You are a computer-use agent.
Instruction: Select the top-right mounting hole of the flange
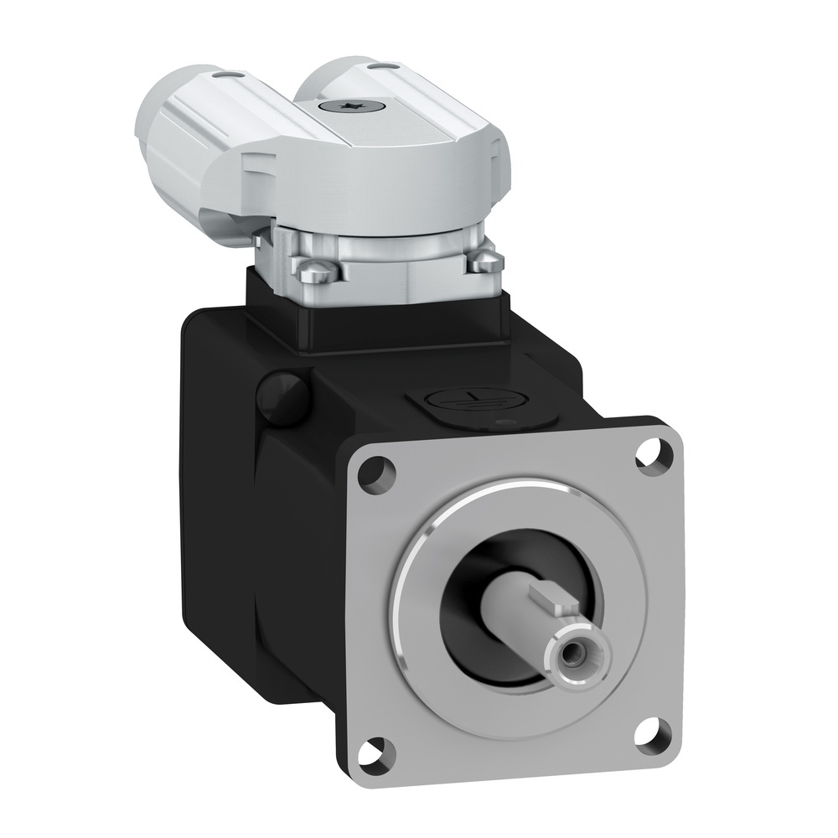point(649,456)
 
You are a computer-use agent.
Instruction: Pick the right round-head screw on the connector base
point(484,263)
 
